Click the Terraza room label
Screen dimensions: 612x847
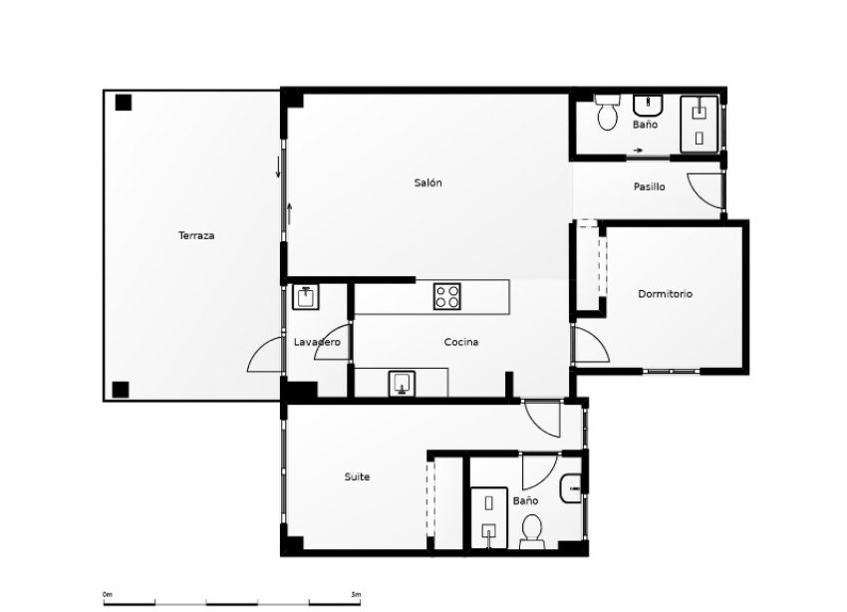pos(196,236)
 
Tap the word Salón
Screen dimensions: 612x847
pos(427,183)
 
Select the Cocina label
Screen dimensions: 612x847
pos(461,342)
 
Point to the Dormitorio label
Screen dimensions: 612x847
pos(666,294)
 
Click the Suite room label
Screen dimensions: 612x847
pos(357,477)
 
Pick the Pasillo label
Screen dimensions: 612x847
pos(650,187)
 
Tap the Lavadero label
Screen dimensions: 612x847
pos(317,342)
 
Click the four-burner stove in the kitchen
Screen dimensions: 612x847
pos(447,296)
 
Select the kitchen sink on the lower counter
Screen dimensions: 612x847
pos(403,383)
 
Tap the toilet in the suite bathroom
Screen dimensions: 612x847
pos(532,530)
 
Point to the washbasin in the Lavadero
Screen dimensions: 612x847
pos(306,297)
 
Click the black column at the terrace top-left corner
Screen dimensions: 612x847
pos(123,102)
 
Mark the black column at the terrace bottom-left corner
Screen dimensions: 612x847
pos(121,389)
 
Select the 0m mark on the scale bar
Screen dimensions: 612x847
pos(107,594)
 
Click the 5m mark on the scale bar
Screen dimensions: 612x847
pos(357,594)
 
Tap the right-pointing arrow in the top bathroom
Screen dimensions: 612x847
pos(636,151)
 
